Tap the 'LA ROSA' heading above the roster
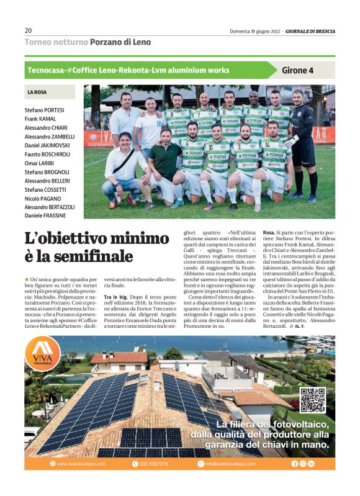click(x=37, y=92)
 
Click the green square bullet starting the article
click(x=27, y=281)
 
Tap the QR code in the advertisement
click(x=312, y=400)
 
